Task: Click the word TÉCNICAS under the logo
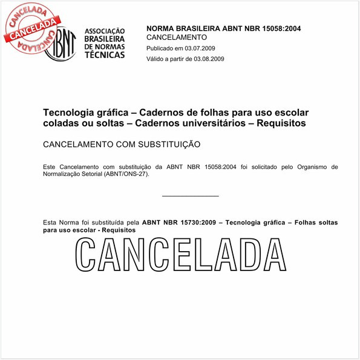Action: (x=105, y=54)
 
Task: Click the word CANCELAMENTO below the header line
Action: (x=172, y=38)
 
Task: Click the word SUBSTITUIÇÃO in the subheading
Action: (x=171, y=145)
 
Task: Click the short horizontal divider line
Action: (x=191, y=195)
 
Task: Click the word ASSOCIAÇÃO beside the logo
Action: (x=105, y=31)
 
